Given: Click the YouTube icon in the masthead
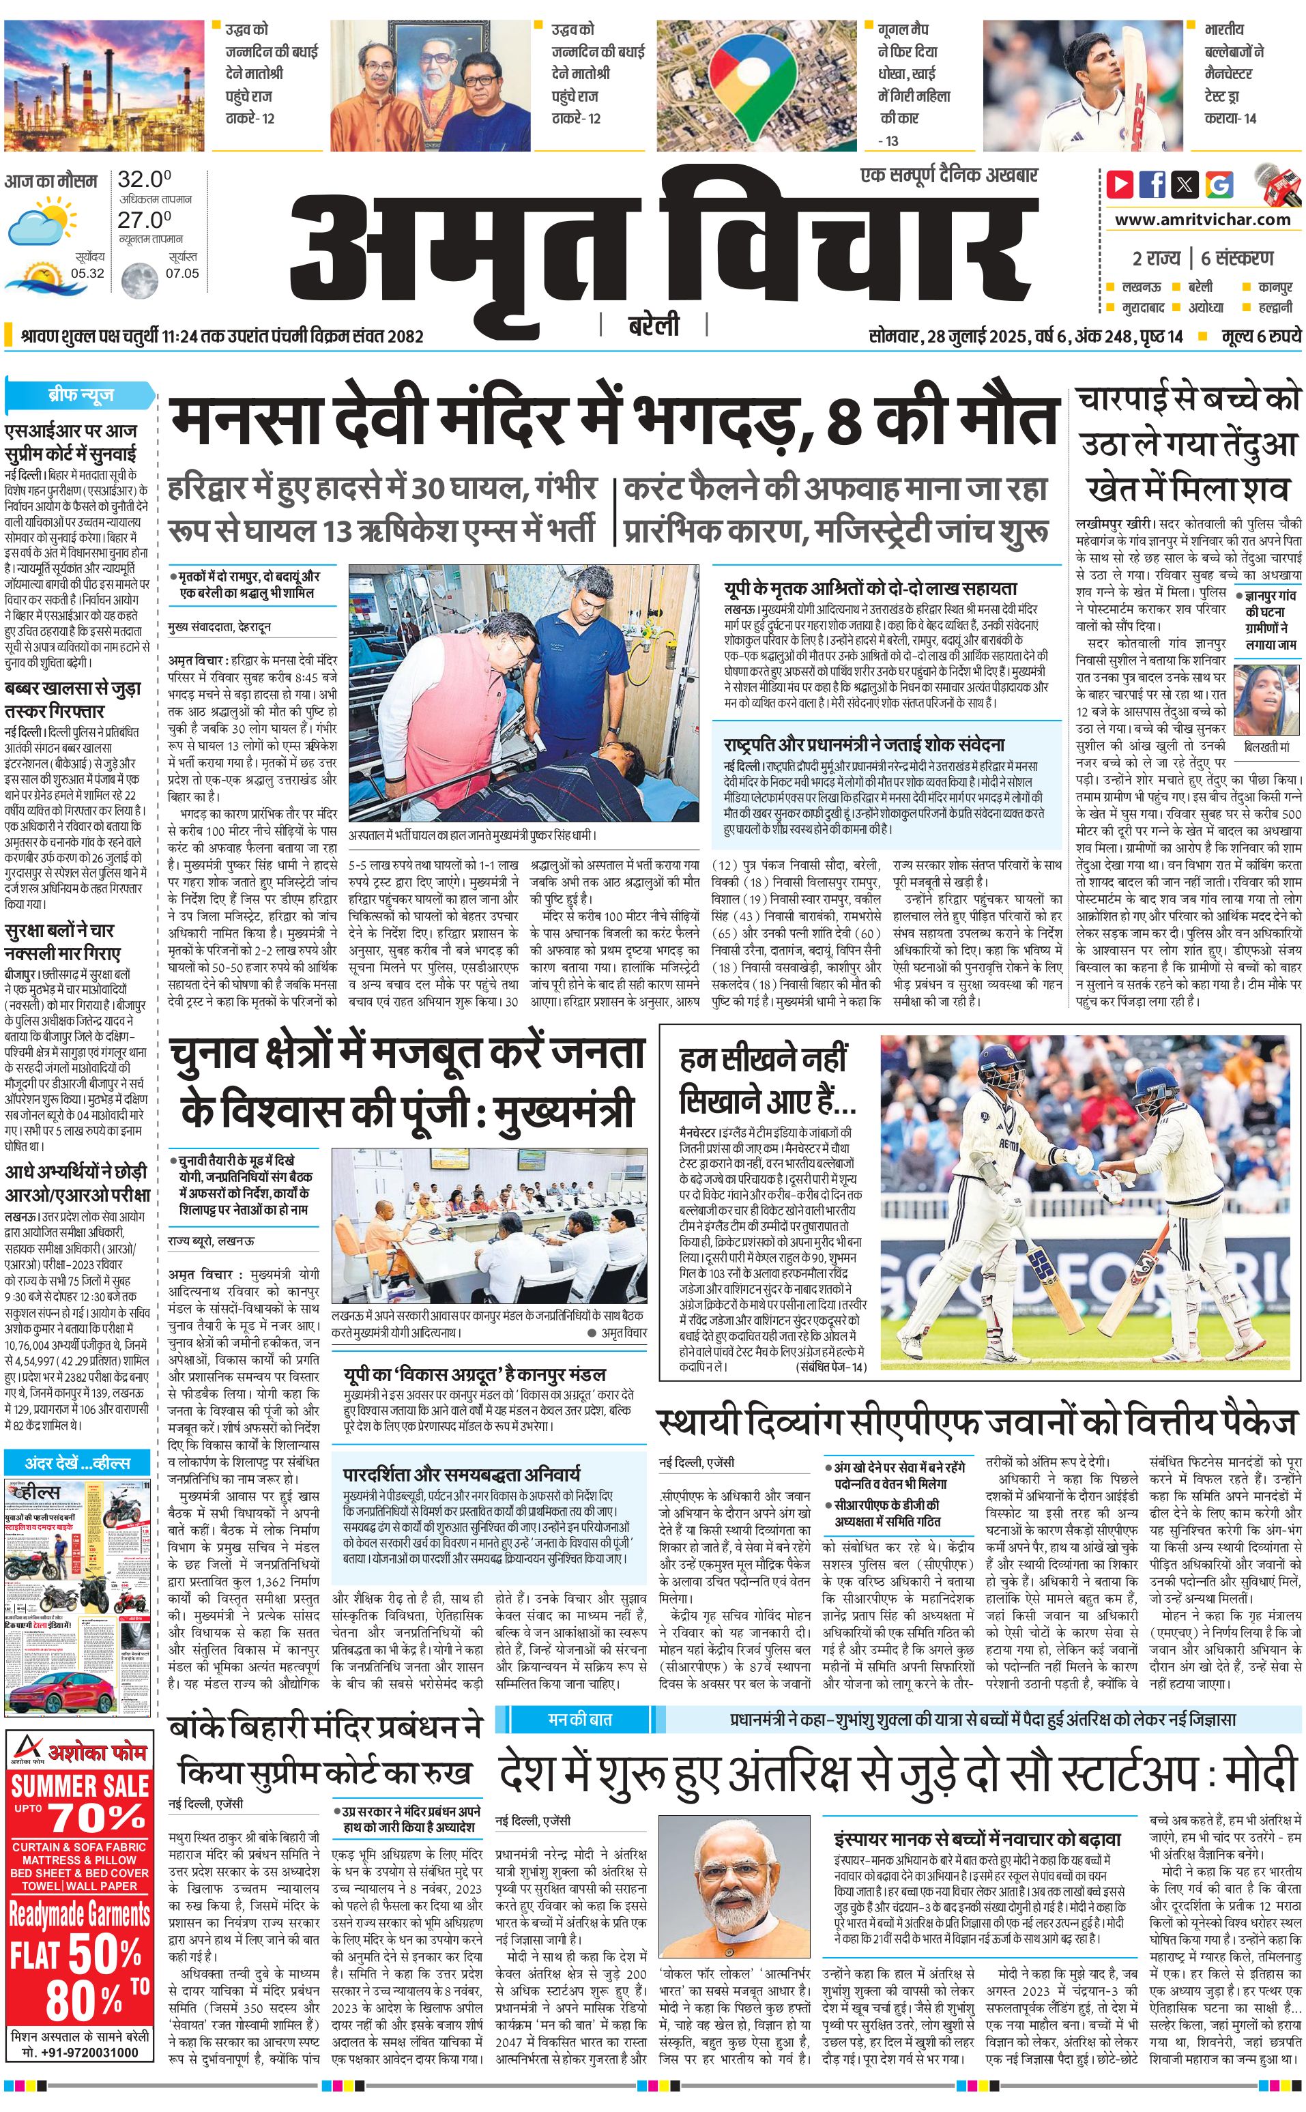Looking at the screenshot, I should [1120, 184].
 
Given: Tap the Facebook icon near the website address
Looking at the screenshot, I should [1152, 184].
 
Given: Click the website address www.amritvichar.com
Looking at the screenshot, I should [1202, 220].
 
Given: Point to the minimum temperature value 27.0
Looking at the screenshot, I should [144, 220].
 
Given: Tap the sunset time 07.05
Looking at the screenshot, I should [182, 274].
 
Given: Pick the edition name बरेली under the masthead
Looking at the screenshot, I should [653, 325].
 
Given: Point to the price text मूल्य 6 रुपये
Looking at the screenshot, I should [1260, 336].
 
